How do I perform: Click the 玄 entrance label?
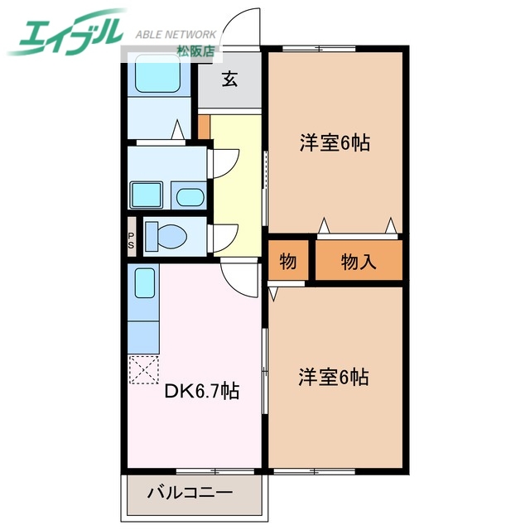click(x=229, y=80)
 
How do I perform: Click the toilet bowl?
click(x=171, y=237)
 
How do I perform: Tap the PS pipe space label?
click(x=131, y=239)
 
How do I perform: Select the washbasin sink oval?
click(x=191, y=197)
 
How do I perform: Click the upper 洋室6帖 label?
click(x=334, y=142)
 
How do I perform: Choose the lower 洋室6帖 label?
click(x=334, y=377)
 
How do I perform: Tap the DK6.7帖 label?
click(x=201, y=390)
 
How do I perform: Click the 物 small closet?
click(x=287, y=262)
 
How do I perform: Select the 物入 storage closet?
click(x=359, y=262)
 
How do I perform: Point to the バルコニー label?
click(x=190, y=494)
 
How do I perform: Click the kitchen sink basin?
click(x=146, y=285)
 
